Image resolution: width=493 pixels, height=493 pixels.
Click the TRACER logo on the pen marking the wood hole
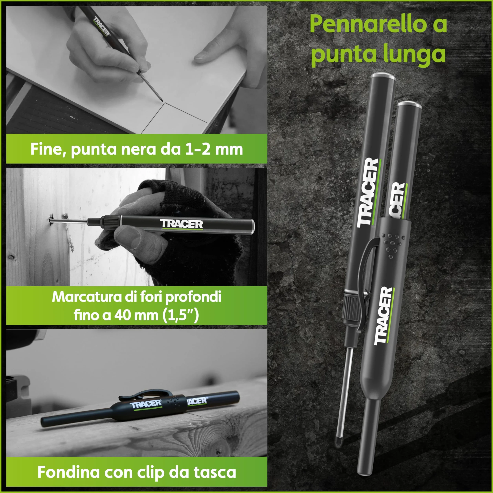182,224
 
